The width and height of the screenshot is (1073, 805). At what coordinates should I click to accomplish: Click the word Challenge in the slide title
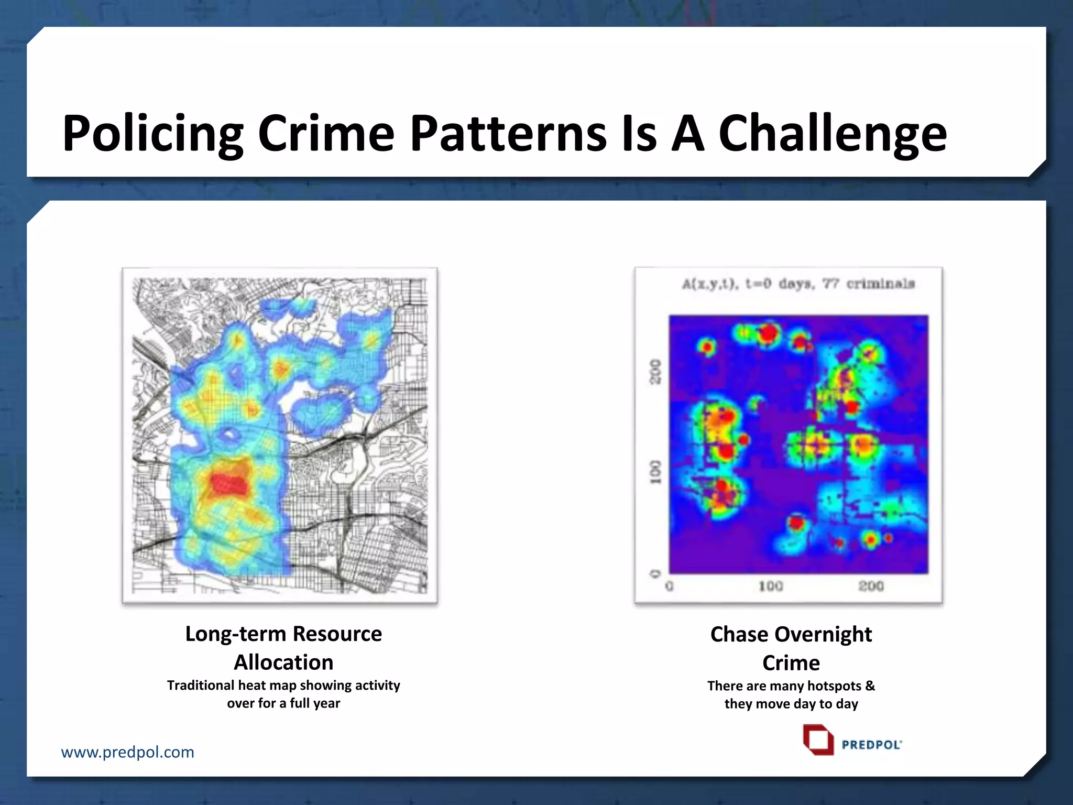(x=833, y=134)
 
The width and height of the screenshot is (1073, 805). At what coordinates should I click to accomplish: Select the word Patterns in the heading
(x=508, y=134)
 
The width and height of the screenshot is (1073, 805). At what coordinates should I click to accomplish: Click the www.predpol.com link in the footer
(x=127, y=752)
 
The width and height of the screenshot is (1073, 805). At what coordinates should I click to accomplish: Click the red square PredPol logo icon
(x=818, y=740)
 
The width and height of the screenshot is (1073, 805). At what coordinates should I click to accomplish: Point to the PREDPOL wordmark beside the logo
(x=871, y=745)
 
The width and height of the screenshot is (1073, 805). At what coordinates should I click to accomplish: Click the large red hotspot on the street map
(x=229, y=482)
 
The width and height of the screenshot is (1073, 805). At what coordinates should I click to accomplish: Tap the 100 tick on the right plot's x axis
(x=771, y=586)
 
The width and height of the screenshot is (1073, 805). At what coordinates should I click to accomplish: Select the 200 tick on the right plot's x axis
(x=871, y=586)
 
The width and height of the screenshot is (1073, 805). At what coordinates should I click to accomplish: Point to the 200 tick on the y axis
(x=655, y=371)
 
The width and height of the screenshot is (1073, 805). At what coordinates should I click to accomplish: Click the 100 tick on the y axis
(x=655, y=472)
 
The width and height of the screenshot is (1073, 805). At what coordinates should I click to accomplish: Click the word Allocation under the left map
(x=283, y=662)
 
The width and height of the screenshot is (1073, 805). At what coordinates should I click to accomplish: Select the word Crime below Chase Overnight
(x=791, y=663)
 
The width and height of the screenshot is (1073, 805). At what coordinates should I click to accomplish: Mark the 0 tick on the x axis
(x=669, y=586)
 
